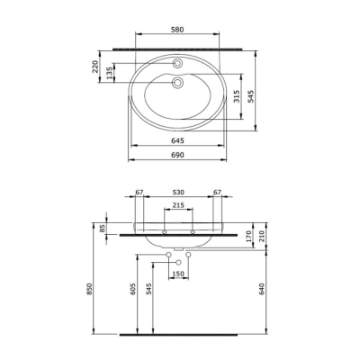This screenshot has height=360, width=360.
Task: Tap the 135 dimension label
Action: [111, 72]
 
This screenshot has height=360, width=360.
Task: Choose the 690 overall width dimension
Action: [180, 156]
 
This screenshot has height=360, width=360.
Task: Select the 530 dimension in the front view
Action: [180, 192]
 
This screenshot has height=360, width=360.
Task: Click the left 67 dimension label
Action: [140, 192]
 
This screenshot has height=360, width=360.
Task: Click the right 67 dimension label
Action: [217, 192]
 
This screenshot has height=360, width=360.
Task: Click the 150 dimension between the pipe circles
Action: [179, 274]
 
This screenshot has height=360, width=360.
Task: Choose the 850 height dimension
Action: [89, 291]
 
